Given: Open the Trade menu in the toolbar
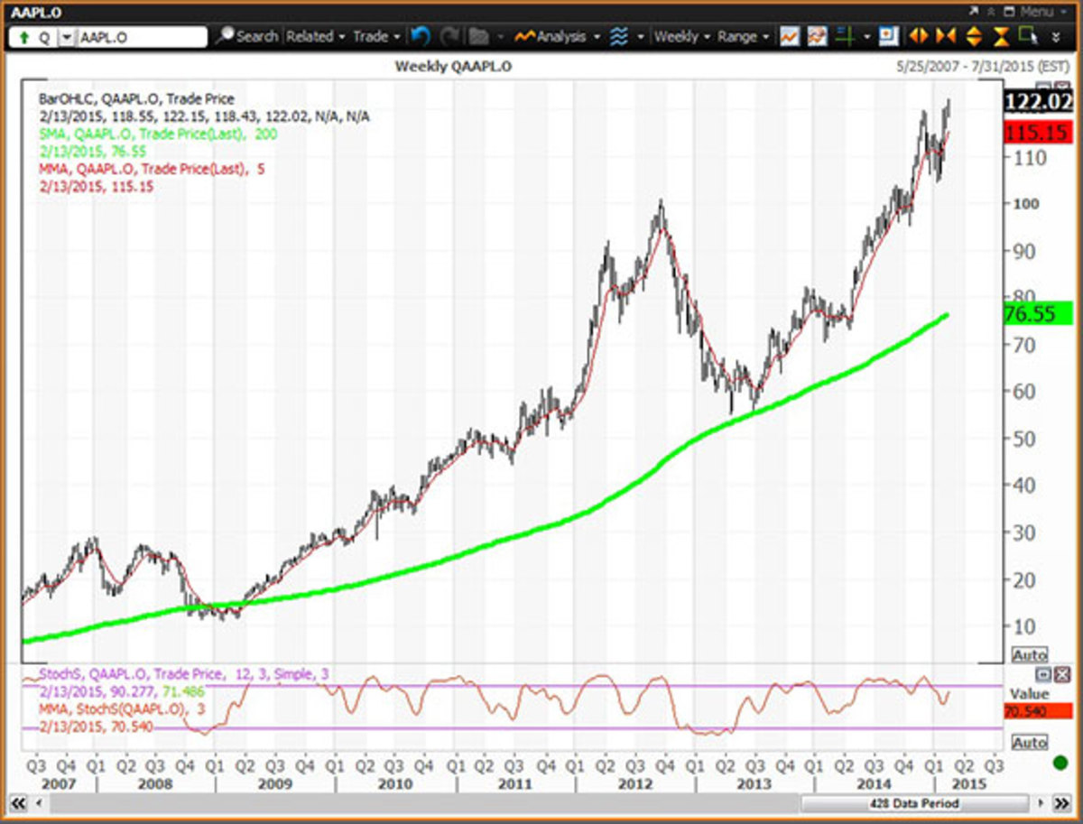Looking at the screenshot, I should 375,37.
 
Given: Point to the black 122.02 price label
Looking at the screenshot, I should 1037,101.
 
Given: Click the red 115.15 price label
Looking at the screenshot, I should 1037,133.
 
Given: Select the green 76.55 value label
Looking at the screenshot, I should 1037,313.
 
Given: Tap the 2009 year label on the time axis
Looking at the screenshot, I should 274,783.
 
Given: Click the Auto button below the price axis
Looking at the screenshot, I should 1030,654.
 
